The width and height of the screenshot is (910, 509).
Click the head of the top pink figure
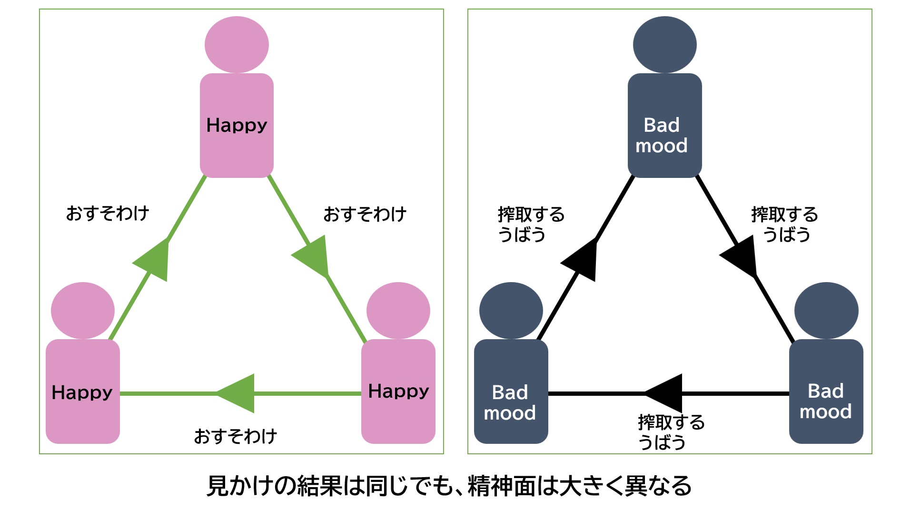coord(237,45)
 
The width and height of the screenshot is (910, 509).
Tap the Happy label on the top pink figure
coord(237,125)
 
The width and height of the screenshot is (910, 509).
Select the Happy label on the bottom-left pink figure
coord(82,392)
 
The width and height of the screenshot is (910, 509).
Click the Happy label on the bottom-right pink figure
coord(398,391)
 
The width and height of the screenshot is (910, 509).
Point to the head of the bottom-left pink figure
coord(83,311)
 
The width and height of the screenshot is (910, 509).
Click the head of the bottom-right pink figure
coord(398,311)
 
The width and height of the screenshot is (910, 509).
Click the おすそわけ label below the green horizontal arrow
coord(236,436)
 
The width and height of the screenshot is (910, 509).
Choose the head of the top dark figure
coord(665,45)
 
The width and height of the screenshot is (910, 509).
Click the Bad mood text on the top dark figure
coord(662,135)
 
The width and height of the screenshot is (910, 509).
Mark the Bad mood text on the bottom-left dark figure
coord(510,402)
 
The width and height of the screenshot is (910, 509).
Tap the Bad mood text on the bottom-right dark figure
coord(826,401)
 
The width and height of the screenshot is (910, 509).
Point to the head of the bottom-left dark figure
coord(511,311)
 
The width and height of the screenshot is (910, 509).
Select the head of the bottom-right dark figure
coord(827,311)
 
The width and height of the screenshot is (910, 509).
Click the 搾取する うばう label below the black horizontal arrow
coord(671,432)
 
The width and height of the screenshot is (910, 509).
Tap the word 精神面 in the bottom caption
coord(502,486)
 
